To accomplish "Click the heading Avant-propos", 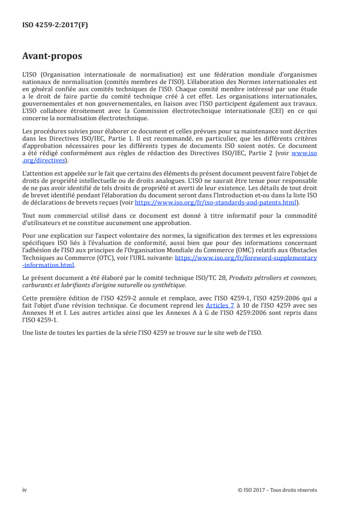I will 52,57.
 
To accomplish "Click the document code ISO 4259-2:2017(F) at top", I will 55,25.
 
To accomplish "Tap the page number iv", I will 25,490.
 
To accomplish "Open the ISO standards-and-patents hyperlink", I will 216,203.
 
